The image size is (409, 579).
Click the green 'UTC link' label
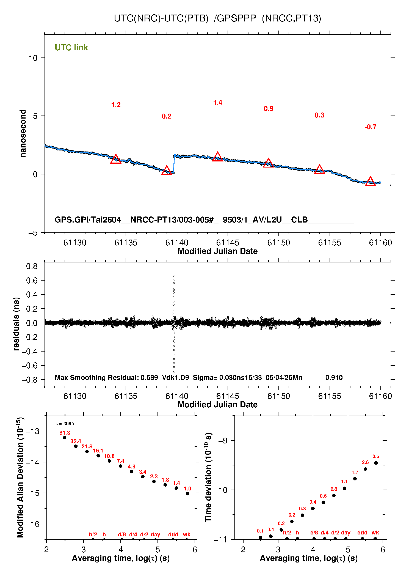coord(71,48)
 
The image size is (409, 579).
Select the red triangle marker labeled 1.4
coord(217,157)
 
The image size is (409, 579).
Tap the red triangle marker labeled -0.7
coord(370,181)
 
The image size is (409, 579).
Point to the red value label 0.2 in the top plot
coord(167,116)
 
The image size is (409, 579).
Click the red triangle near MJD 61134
coord(116,159)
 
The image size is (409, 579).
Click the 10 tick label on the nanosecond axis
coord(33,58)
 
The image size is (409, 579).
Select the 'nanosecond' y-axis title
coord(23,133)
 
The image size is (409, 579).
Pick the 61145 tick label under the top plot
coord(228,243)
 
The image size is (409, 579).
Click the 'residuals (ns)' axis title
coord(16,324)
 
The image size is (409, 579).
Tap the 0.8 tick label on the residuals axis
coord(32,266)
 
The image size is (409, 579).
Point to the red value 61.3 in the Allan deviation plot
coord(65,433)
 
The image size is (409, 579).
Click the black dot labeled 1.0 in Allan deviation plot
coord(187,493)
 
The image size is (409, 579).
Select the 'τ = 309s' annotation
coord(65,424)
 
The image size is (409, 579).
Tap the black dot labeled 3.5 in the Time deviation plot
coord(376,463)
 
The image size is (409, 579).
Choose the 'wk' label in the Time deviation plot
coord(375,533)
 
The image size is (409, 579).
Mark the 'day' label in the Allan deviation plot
coord(155,534)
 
